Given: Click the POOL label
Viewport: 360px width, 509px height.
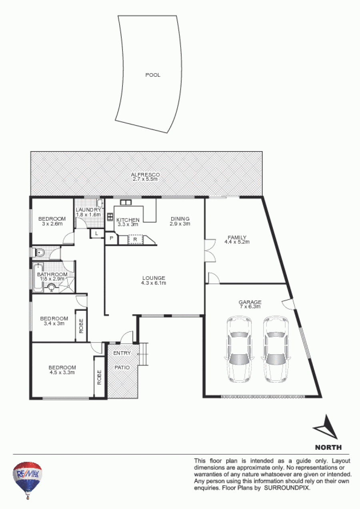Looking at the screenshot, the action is [153, 75].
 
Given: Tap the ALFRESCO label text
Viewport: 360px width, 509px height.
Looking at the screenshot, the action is [145, 174].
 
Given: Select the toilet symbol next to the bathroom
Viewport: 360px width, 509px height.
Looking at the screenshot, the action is [39, 252].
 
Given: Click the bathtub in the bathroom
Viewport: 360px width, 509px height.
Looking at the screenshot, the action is [38, 277].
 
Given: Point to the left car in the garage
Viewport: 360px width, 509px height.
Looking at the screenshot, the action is [239, 349].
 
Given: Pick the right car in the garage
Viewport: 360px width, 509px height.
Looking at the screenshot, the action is [276, 349].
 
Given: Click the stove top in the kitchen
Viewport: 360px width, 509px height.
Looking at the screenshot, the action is [110, 217].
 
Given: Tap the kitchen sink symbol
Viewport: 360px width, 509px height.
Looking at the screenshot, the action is [126, 202].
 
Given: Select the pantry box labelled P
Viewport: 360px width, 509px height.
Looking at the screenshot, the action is [111, 238].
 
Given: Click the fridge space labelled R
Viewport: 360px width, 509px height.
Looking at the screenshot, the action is [135, 240].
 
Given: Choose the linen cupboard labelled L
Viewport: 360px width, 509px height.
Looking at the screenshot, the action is [97, 234].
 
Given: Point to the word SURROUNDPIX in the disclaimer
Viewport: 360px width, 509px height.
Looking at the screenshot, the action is [287, 487].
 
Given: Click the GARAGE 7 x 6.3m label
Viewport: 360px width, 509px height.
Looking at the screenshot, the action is [250, 304].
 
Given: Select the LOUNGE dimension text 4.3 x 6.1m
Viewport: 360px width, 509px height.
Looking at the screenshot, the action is [154, 283].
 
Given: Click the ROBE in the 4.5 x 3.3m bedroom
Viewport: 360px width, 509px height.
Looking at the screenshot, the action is [99, 377].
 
